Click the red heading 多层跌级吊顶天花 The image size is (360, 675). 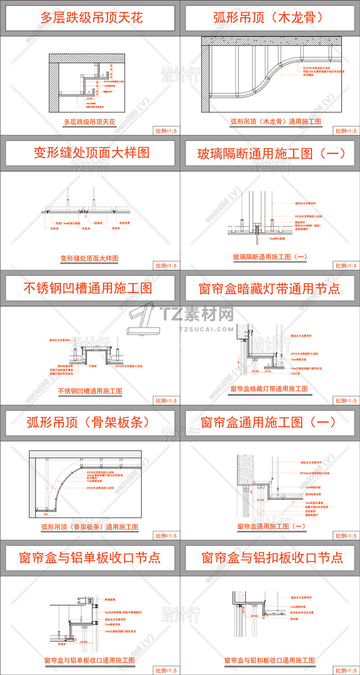click(x=91, y=18)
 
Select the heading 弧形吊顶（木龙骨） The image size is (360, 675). click(x=269, y=18)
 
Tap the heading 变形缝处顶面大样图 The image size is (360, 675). click(x=91, y=153)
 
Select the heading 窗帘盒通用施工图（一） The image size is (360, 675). click(x=268, y=422)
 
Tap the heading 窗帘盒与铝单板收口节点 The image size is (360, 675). click(x=90, y=557)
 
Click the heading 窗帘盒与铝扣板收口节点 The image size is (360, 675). click(x=272, y=557)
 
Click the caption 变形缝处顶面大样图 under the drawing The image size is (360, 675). click(x=89, y=258)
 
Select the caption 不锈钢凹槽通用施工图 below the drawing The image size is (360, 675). click(x=90, y=391)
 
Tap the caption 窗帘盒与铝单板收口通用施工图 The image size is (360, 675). click(x=90, y=660)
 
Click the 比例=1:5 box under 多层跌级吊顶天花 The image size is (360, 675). click(x=166, y=131)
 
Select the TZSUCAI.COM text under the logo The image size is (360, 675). click(x=207, y=329)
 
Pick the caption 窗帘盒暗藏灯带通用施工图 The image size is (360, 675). click(x=269, y=388)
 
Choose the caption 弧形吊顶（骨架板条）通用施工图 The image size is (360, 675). click(x=90, y=526)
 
